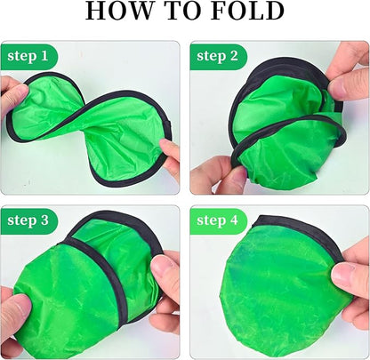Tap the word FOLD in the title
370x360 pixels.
(x=244, y=12)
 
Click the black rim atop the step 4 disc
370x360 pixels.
(x=294, y=228)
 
